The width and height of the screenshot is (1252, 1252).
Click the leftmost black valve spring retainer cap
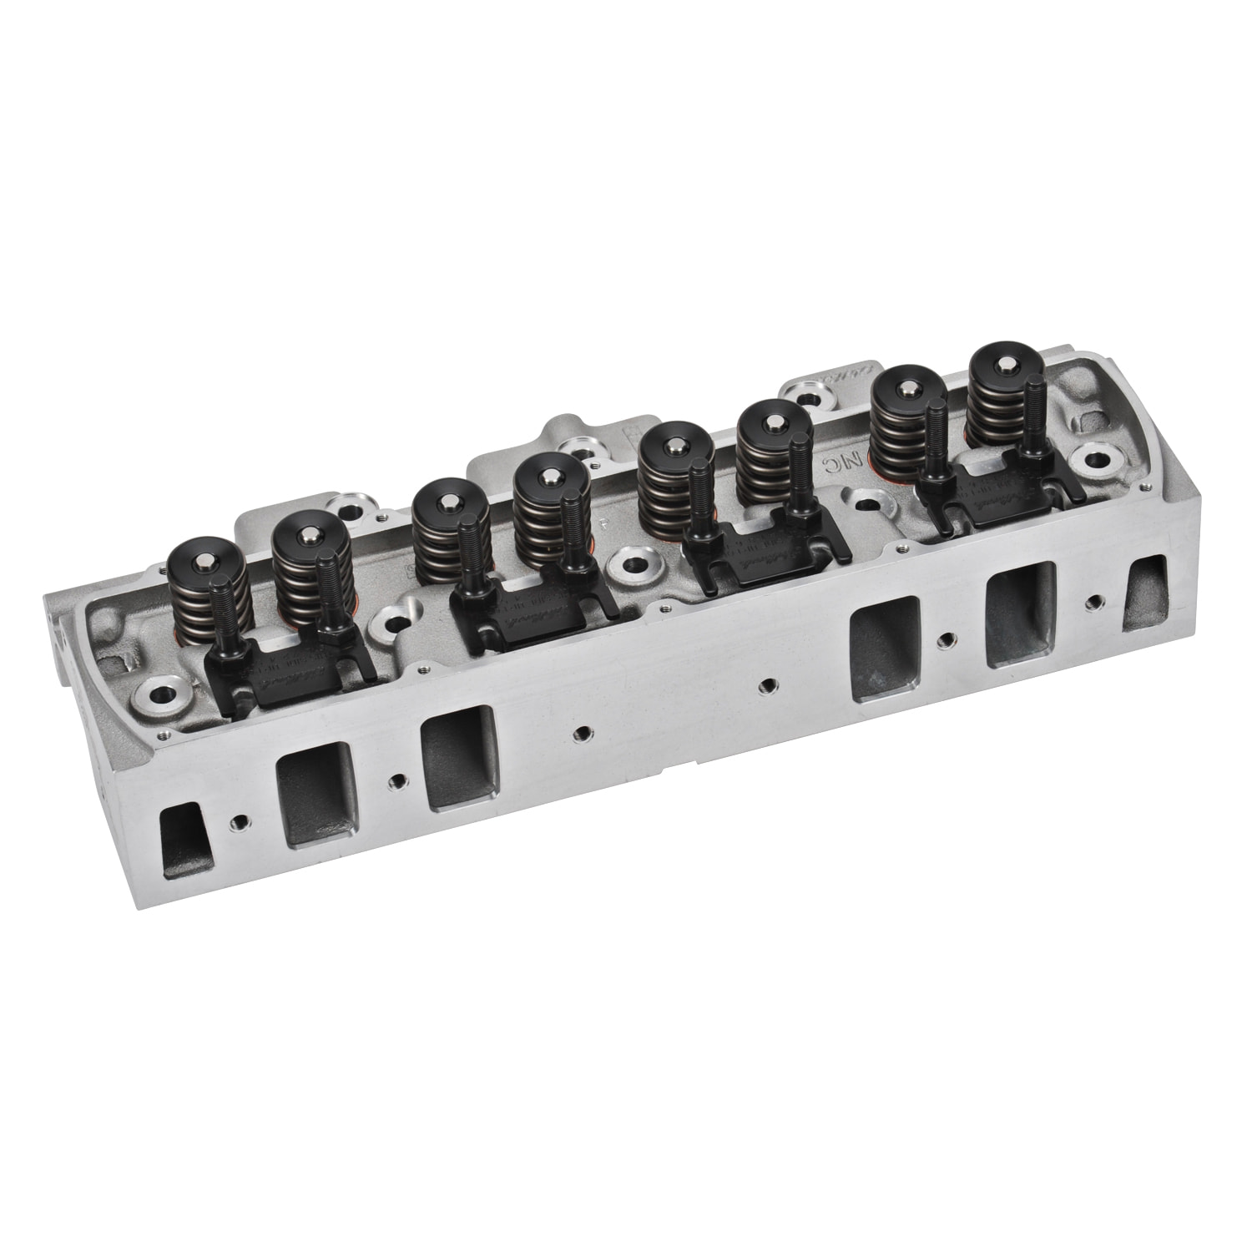click(x=199, y=553)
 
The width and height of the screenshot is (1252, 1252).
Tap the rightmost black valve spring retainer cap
click(x=1005, y=361)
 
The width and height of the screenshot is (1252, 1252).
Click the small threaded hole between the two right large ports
click(x=944, y=639)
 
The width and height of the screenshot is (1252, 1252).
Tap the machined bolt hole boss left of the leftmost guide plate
click(x=159, y=692)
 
